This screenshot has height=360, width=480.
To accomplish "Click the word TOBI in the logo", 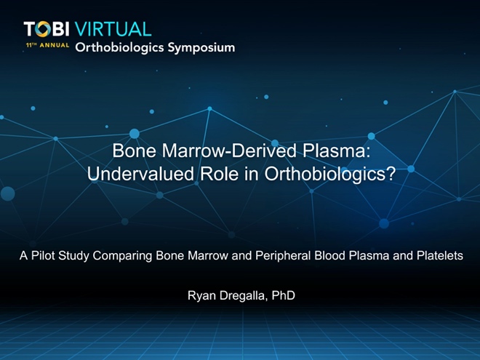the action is tap(47, 29).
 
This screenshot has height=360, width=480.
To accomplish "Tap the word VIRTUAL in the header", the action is tap(113, 29).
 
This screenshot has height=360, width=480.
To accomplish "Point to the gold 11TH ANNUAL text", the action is tap(48, 45).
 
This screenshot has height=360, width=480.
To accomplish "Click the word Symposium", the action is tap(201, 48).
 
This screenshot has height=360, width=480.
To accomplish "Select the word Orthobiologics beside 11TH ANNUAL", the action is tap(120, 48).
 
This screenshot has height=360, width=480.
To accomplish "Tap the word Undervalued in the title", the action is tap(140, 174).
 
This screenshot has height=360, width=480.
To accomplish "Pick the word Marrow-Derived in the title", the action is tap(229, 151).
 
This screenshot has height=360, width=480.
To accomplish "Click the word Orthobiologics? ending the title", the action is tap(330, 175).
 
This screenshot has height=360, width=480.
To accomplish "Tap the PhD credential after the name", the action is tap(284, 295).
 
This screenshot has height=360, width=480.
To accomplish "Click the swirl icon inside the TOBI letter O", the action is tap(43, 29).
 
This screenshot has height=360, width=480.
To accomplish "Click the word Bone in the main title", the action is tap(134, 151).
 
